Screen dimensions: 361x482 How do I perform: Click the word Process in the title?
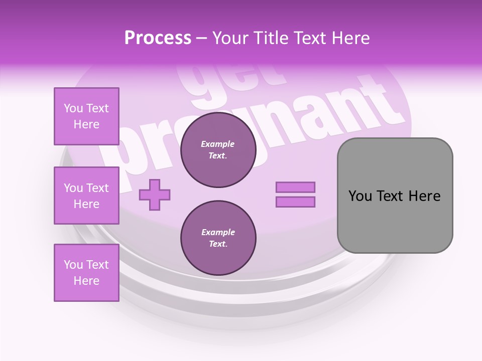158,38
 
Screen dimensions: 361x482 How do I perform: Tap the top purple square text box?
86,116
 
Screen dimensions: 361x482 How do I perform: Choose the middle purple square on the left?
86,196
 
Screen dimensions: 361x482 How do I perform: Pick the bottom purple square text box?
86,273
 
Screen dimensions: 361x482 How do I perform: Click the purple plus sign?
155,195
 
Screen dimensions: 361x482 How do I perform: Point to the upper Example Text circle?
218,150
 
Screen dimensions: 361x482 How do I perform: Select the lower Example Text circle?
218,238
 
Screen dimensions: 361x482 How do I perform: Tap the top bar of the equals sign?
295,188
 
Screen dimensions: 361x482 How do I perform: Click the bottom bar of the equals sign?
295,202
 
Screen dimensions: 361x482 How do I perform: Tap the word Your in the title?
230,38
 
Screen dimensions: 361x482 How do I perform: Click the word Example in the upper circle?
218,144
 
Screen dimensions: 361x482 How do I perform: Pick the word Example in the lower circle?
218,233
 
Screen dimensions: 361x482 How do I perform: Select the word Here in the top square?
86,124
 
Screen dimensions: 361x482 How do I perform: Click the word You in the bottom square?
73,265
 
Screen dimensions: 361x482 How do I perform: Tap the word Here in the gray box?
424,196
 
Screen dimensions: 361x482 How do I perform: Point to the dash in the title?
202,38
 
